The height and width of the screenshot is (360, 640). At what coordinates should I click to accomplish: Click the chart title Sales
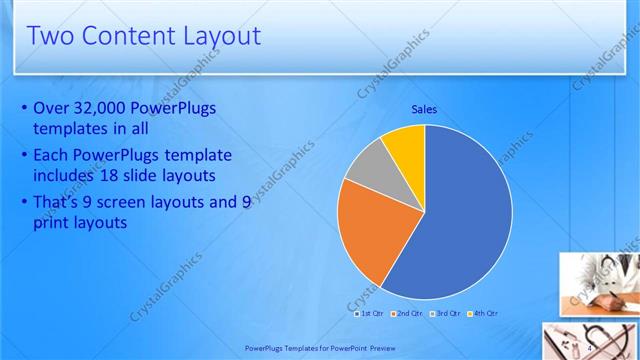[425, 109]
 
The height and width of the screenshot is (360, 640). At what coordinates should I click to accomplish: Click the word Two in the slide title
[51, 36]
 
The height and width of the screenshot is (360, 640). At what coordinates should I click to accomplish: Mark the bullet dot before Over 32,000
[24, 108]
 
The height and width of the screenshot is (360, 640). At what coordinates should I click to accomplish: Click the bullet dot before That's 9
[24, 202]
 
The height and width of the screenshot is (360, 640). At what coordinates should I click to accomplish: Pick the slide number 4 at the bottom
[591, 346]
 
